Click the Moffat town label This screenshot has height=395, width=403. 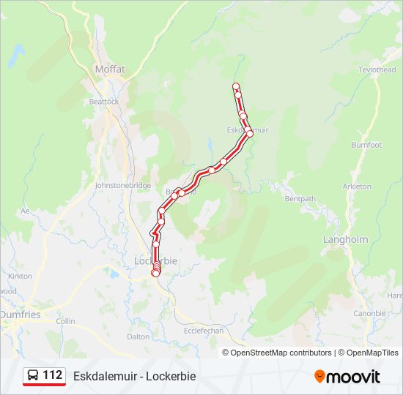coord(110,69)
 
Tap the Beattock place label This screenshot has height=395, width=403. coord(103,102)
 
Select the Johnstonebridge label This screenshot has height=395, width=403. coord(122,186)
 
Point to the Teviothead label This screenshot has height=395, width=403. coord(377,69)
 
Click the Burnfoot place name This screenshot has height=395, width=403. coord(366,145)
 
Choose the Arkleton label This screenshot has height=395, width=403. coord(357,187)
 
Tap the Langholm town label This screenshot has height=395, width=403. coord(345,239)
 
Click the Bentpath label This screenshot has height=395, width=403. coord(300,198)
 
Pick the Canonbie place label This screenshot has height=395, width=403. coord(369,313)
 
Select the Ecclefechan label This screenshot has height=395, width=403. coord(202,331)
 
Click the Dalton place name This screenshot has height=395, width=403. coord(138,336)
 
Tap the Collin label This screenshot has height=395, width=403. coord(65,321)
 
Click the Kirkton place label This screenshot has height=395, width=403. coord(20,276)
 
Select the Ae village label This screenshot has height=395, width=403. coord(25,211)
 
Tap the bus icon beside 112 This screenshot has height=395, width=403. coord(33,376)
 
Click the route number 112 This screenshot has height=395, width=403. coord(52,375)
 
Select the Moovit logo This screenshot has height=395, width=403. coord(347,377)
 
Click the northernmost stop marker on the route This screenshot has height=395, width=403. coord(236,86)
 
